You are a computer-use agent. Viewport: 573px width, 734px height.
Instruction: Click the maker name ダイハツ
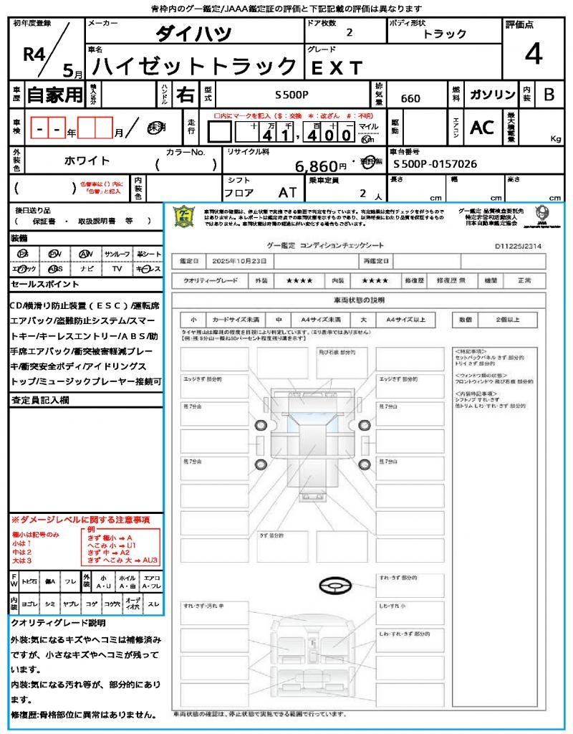pos(193,33)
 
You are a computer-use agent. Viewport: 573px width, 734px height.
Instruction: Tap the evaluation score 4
pos(533,54)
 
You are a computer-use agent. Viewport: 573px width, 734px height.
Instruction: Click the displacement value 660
pos(410,99)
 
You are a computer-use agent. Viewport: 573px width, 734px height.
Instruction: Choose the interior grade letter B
pos(549,95)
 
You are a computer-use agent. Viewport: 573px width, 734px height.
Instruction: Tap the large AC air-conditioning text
pos(482,128)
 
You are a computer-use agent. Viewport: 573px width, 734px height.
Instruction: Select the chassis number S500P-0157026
pos(435,164)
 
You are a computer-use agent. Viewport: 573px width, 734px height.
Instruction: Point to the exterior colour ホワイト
pos(87,161)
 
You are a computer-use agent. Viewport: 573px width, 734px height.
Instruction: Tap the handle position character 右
pos(185,95)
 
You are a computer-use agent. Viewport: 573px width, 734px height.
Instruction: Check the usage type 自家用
pos(55,95)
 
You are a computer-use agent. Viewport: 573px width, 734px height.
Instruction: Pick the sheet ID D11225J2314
pos(518,245)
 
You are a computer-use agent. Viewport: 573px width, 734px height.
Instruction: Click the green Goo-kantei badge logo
pos(185,216)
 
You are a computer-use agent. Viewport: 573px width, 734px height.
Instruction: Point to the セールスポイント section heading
pos(40,285)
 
